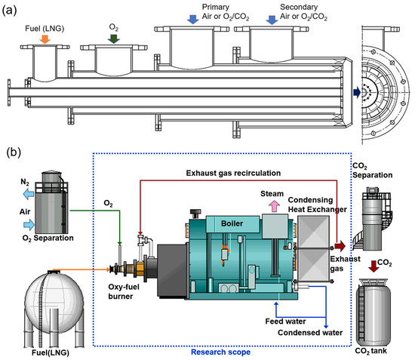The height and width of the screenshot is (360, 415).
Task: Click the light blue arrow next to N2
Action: point(32,192)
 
